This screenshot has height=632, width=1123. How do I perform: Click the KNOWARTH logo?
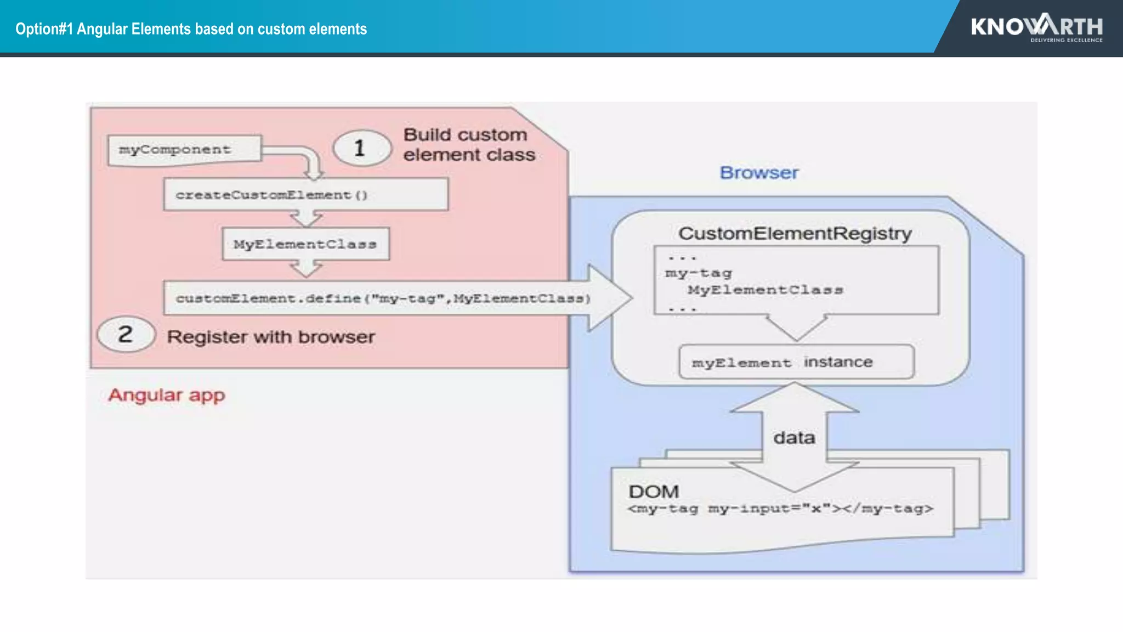pyautogui.click(x=1036, y=27)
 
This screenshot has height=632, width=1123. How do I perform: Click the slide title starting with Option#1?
pyautogui.click(x=191, y=29)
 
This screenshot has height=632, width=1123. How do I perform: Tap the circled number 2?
pyautogui.click(x=126, y=334)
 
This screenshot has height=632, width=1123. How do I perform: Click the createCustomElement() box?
pyautogui.click(x=305, y=195)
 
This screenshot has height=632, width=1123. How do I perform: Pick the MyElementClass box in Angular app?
pyautogui.click(x=305, y=244)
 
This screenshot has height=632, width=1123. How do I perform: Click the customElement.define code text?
pyautogui.click(x=383, y=298)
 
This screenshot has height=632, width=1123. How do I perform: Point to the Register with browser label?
pyautogui.click(x=271, y=336)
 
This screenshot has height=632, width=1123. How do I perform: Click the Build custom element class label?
pyautogui.click(x=469, y=145)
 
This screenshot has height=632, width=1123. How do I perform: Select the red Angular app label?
pyautogui.click(x=167, y=395)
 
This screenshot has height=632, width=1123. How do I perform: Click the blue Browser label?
pyautogui.click(x=759, y=173)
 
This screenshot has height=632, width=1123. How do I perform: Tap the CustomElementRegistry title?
pyautogui.click(x=795, y=234)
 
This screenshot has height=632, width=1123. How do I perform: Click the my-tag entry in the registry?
pyautogui.click(x=698, y=273)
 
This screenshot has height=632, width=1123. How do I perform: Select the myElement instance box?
pyautogui.click(x=796, y=362)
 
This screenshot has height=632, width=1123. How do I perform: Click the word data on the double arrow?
pyautogui.click(x=794, y=438)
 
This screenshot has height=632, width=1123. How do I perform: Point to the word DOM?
pyautogui.click(x=654, y=492)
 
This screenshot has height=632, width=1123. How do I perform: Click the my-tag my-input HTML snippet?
pyautogui.click(x=780, y=509)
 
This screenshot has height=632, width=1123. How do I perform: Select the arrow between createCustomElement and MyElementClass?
pyautogui.click(x=306, y=219)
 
